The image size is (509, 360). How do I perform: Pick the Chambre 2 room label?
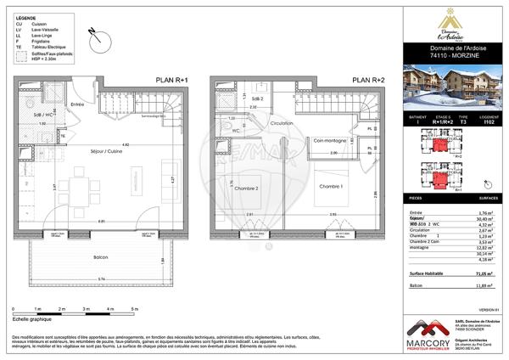(x=245, y=188)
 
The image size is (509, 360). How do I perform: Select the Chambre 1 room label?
(x=330, y=185)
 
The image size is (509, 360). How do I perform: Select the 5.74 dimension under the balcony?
(x=101, y=279)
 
